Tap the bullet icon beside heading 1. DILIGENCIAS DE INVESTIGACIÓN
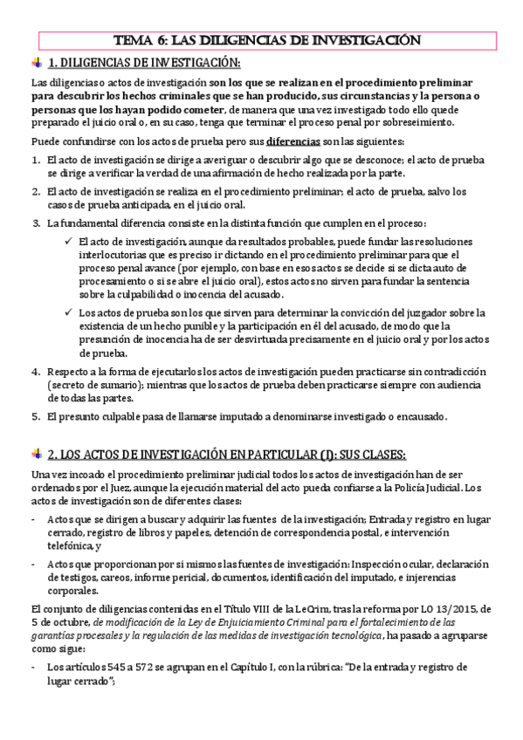coord(36,62)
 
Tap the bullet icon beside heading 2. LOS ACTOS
coord(36,453)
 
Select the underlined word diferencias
coord(292,142)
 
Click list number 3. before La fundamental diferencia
coord(36,223)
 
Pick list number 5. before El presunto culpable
coord(36,416)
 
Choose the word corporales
coord(73,590)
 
